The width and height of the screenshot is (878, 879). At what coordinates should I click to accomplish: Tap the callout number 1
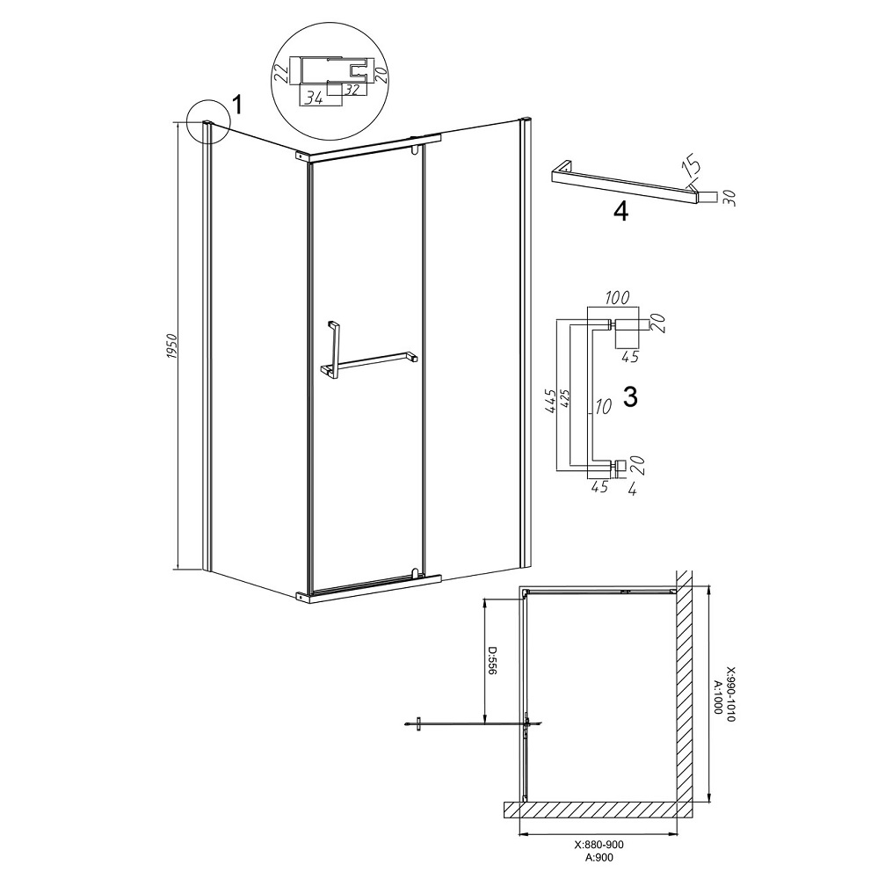coord(237,105)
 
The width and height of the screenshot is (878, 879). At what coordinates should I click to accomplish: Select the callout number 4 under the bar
coord(620,211)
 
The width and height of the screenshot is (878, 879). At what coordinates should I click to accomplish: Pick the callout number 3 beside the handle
coord(631,397)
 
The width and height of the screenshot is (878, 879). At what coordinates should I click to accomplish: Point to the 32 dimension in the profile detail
coord(352,89)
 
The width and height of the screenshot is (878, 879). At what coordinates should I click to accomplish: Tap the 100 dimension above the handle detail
coord(617,297)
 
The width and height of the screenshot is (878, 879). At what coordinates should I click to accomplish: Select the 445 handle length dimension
coord(549,402)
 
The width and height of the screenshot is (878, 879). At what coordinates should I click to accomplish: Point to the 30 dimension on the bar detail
coord(729,198)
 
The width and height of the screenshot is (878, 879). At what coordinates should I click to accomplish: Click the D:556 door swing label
coord(492,661)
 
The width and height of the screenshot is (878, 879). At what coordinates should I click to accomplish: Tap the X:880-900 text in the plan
coord(599,845)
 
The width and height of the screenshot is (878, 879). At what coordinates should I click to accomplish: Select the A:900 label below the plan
coord(599,857)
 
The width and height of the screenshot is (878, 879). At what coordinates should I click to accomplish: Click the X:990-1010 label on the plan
coord(730,694)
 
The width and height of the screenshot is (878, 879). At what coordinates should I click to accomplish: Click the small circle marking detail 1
coord(208,120)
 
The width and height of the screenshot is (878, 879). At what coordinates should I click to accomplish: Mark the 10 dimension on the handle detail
coord(603,406)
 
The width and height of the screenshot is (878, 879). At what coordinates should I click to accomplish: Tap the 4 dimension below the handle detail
coord(633,490)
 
